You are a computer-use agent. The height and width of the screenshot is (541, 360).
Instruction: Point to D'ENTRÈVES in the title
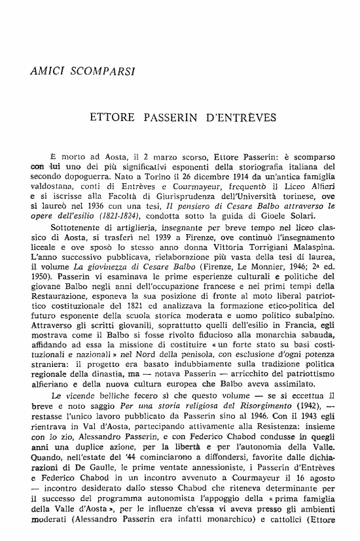coord(239,119)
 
